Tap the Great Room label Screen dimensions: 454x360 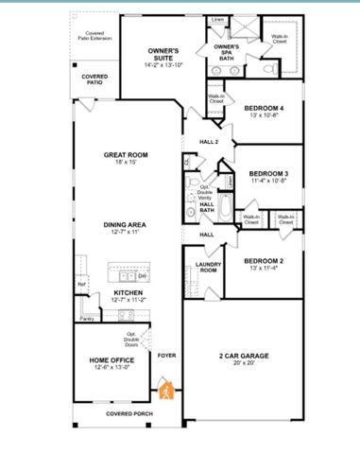click(127, 156)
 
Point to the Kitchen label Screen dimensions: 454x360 click(129, 294)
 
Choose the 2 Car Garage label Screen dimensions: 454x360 click(243, 356)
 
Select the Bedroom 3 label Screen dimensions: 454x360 click(268, 173)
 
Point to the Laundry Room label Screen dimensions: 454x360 click(207, 268)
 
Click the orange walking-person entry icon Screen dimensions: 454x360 click(166, 390)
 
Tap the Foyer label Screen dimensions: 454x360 click(167, 356)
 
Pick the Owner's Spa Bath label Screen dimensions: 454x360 click(226, 51)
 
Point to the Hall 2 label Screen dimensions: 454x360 click(209, 142)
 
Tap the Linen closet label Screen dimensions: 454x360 click(218, 18)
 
